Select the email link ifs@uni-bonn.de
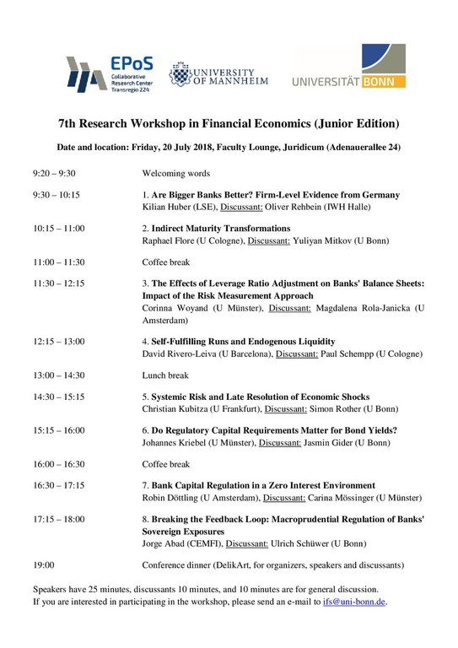coord(354,602)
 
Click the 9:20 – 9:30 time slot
coord(54,173)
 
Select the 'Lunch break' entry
coord(165,375)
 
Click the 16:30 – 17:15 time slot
coord(59,486)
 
